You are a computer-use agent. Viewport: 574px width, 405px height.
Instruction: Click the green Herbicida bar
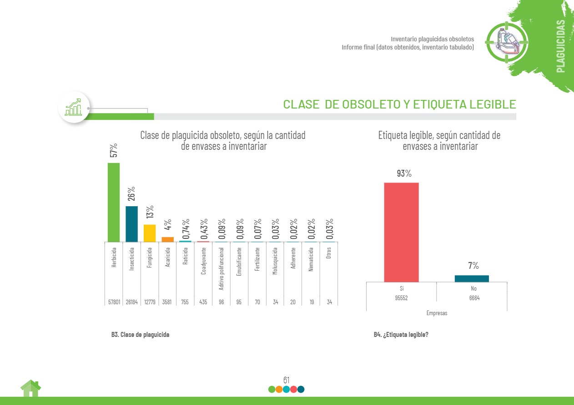click(114, 202)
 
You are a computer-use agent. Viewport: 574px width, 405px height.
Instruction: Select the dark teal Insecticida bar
click(131, 224)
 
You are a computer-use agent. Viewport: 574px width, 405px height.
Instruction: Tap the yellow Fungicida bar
click(150, 233)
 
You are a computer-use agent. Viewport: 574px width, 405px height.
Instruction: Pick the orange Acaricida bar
click(167, 239)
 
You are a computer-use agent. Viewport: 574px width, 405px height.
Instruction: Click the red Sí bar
click(401, 232)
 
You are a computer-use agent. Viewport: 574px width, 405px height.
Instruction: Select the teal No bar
click(472, 278)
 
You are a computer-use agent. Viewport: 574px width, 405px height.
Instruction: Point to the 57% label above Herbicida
click(114, 150)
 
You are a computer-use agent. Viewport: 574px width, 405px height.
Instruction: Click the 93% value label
click(404, 173)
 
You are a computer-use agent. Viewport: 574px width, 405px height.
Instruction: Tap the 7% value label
click(473, 266)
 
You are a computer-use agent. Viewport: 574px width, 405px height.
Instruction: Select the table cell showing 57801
click(114, 301)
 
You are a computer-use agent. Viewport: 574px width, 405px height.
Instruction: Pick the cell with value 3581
click(168, 301)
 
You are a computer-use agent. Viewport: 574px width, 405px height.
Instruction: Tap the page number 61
click(287, 380)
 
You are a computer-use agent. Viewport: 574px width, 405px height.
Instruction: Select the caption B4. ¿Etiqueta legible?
click(401, 335)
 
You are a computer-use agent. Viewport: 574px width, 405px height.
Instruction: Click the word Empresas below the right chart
click(437, 313)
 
